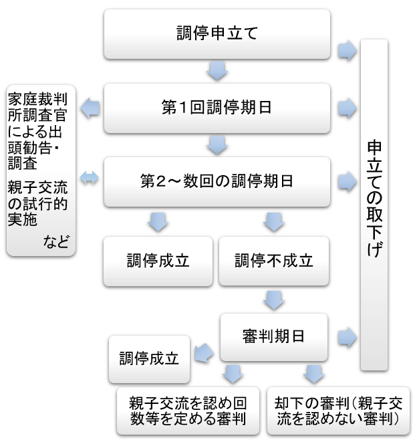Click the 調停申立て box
tap(217, 33)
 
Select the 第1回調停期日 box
tap(217, 107)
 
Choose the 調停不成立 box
tap(274, 261)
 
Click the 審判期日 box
tap(273, 336)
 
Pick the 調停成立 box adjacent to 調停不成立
tap(158, 261)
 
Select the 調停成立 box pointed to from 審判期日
tap(149, 358)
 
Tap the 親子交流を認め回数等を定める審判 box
tap(188, 411)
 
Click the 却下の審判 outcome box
tap(337, 411)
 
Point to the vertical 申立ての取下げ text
tap(374, 201)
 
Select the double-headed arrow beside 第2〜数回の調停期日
tap(89, 178)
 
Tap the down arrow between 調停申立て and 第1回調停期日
tap(217, 70)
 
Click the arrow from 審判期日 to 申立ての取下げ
tap(347, 336)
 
